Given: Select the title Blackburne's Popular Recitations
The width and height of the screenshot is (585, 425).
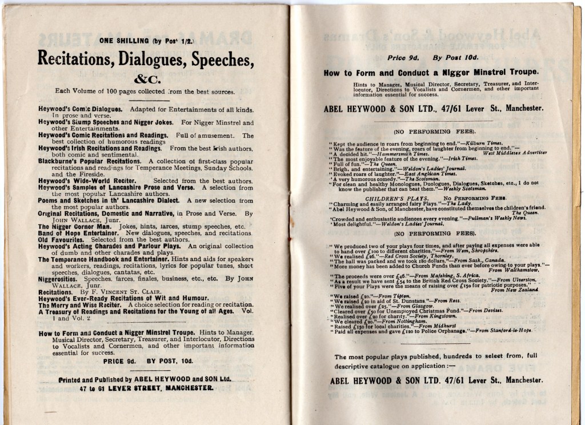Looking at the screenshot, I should (90, 161).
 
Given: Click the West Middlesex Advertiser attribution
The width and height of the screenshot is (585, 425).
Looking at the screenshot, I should (515, 153).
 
